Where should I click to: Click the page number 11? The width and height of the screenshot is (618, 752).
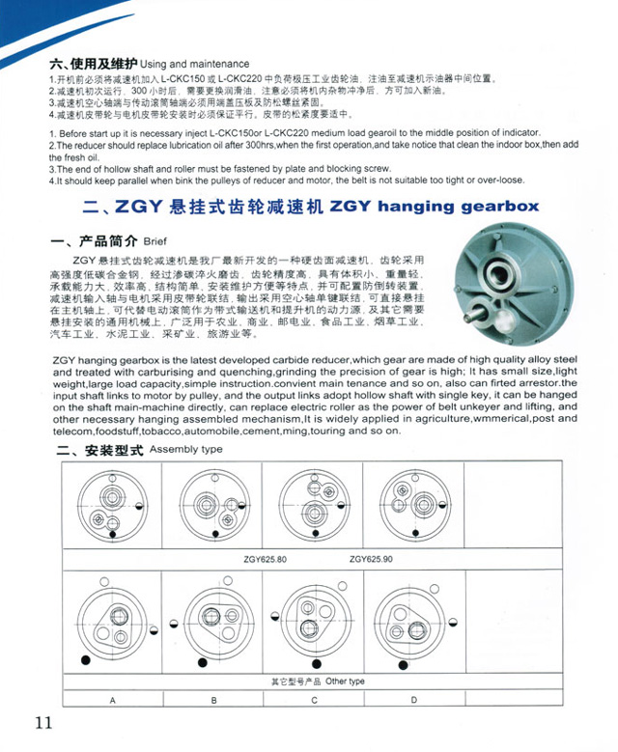pyautogui.click(x=42, y=723)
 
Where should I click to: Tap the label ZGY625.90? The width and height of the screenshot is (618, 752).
pyautogui.click(x=372, y=558)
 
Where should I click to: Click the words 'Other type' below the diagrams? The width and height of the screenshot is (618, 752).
pyautogui.click(x=346, y=682)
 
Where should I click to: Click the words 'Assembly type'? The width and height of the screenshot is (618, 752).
pyautogui.click(x=186, y=450)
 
